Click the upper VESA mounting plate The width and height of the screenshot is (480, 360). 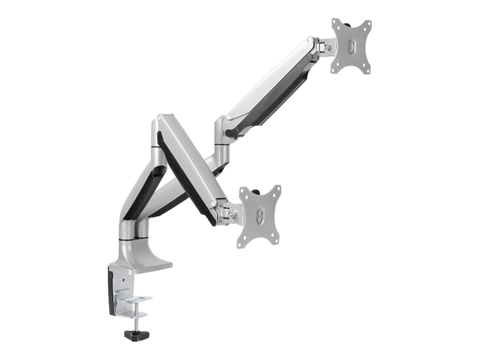pos(351,46)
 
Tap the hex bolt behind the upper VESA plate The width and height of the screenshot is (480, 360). pos(327,46)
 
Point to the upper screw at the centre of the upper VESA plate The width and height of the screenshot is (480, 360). pos(352,42)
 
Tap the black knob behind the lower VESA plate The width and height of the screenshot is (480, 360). pos(257,191)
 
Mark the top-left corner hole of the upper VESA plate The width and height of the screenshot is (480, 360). pos(335,22)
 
